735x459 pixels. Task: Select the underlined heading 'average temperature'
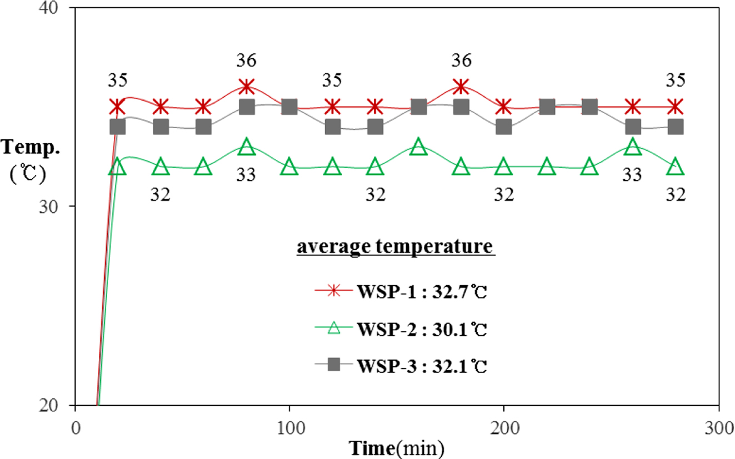pos(396,246)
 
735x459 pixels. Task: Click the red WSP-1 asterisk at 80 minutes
pos(247,87)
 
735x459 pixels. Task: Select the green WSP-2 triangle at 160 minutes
pos(418,147)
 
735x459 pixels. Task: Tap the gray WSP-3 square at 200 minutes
pos(503,127)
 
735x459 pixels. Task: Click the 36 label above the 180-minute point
pos(461,60)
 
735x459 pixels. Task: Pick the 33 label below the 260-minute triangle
pos(632,175)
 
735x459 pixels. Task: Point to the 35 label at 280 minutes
pos(675,80)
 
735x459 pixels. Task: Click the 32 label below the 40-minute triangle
pos(161,194)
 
